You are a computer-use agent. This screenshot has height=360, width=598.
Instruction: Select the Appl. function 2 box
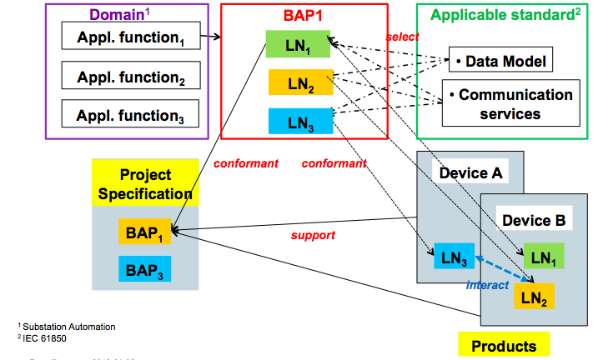pos(131,77)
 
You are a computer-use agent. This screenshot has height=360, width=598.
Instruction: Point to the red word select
pos(401,37)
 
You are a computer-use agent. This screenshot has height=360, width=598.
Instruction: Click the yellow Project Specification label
pos(146,184)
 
